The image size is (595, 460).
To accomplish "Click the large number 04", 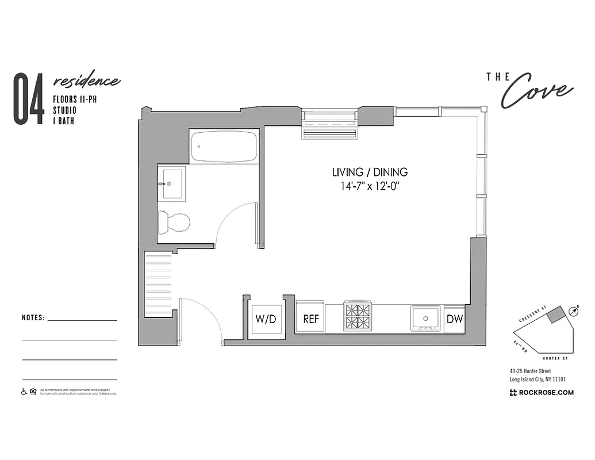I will (29, 99).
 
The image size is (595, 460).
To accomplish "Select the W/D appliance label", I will (266, 320).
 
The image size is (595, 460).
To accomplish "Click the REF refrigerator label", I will (310, 320).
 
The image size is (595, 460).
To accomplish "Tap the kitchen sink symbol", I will (425, 317).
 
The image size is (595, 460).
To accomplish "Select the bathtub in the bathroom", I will (224, 146).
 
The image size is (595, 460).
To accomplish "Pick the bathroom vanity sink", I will (172, 184).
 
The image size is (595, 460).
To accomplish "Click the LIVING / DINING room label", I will (370, 172).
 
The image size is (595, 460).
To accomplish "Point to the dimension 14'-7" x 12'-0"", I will (370, 186).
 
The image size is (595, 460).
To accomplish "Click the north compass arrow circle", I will (573, 311).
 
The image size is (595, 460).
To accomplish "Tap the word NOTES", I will (33, 317).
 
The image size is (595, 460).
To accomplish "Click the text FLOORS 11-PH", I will (73, 98).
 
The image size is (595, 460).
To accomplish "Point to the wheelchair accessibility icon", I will (24, 392).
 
